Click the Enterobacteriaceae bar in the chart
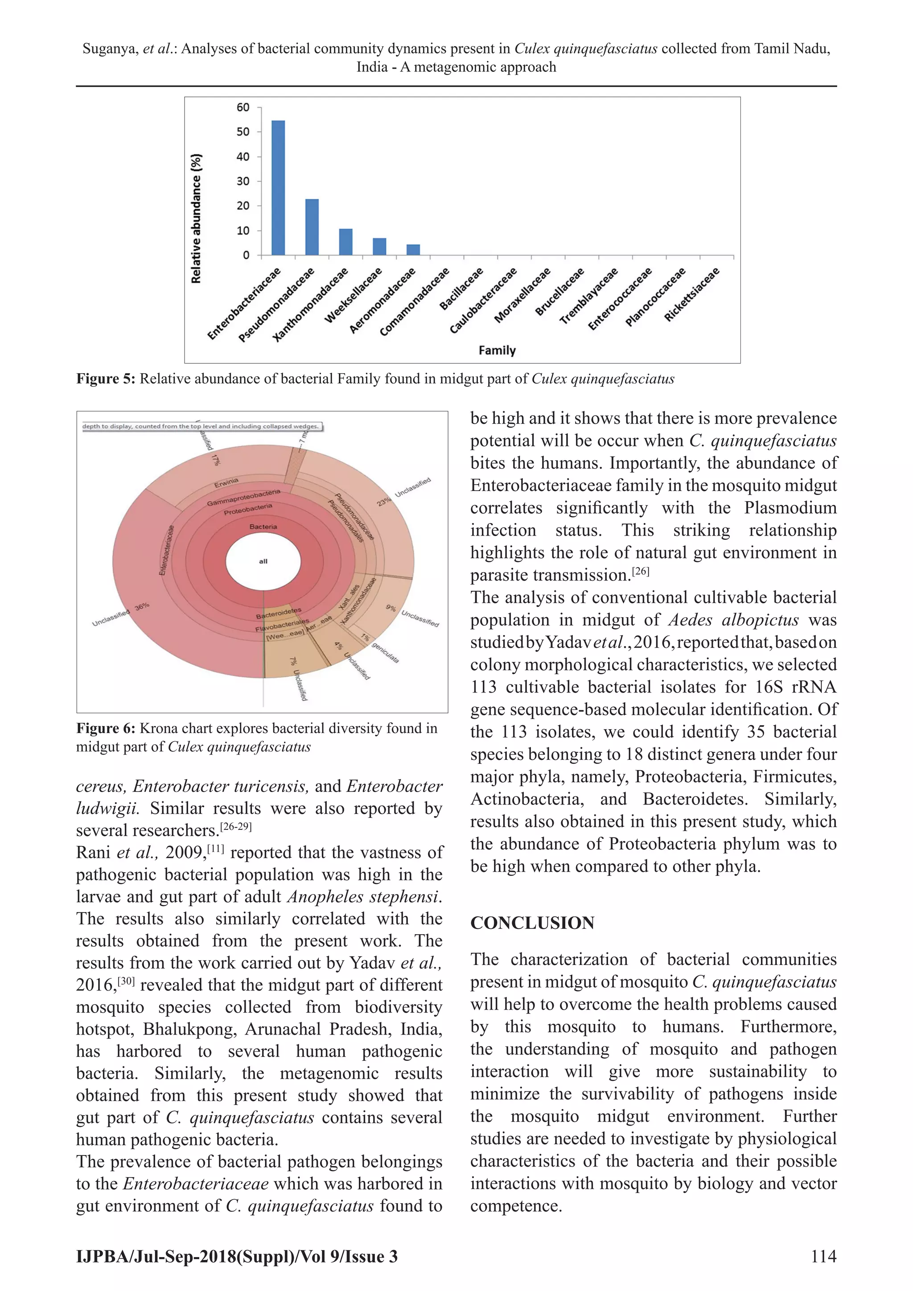[278, 188]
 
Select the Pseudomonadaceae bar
[312, 227]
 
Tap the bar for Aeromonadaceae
[413, 250]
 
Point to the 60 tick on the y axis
[243, 107]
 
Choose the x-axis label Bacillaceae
[461, 289]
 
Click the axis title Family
[497, 351]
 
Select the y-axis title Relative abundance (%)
[196, 218]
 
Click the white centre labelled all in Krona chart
[263, 561]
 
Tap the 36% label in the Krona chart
[142, 606]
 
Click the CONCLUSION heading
[532, 923]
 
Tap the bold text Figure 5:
[106, 379]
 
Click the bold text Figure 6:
[106, 729]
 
